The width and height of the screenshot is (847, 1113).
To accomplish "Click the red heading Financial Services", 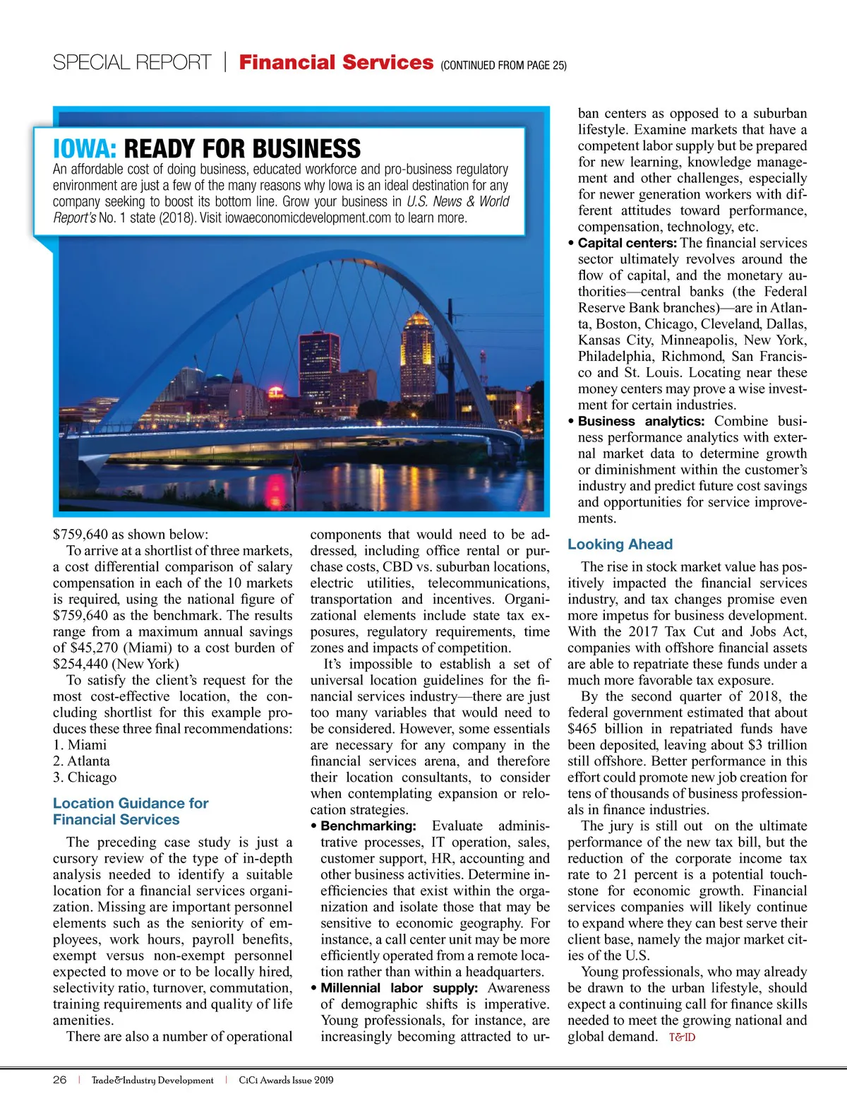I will point(336,62).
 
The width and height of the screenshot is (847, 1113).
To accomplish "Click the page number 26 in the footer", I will point(60,1080).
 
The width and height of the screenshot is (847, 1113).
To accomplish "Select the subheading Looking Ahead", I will point(620,544).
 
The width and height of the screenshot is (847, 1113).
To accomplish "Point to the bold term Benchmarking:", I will point(368,826).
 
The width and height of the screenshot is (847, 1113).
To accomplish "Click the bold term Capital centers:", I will point(627,243).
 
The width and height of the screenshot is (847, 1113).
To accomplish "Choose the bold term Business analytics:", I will point(641,422).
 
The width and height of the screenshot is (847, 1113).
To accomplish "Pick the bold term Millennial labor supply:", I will point(399,988).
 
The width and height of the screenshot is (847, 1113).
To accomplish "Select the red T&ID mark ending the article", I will point(682,1037).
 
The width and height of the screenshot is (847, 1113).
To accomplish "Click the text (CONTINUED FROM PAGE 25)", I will point(503,66).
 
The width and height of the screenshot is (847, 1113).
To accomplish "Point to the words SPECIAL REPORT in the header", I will point(132,63).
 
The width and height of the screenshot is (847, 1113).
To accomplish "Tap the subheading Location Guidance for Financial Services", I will point(131,811).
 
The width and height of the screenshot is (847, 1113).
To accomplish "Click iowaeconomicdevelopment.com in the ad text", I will point(308,218).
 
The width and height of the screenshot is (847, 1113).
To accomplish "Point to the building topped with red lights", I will point(319,364).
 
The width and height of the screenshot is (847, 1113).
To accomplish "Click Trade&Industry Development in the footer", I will point(152,1080).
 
